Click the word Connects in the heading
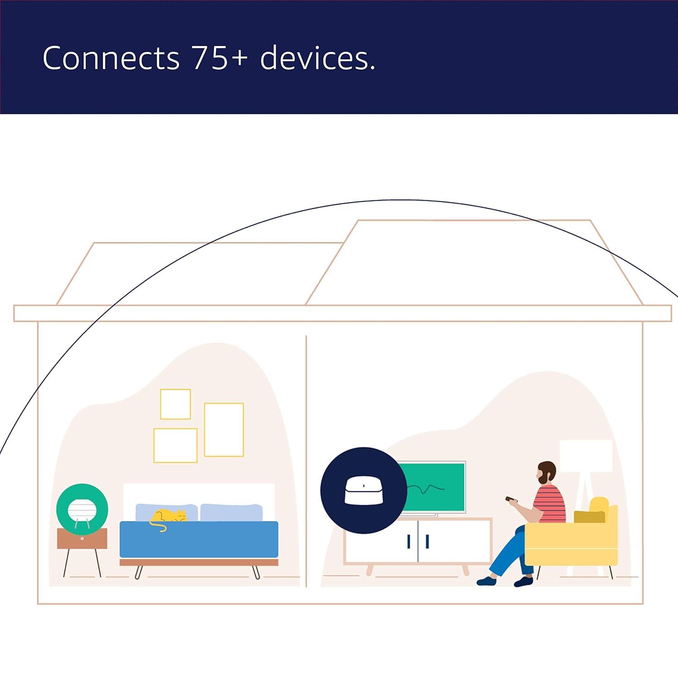[x=111, y=58]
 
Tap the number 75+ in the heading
[x=220, y=58]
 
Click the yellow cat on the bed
[x=168, y=517]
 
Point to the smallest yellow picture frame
[x=175, y=404]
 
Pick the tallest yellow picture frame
[x=224, y=429]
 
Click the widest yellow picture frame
[x=175, y=445]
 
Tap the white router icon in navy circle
[x=363, y=491]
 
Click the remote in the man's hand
[x=510, y=499]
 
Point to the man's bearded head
[x=547, y=473]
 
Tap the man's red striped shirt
[x=550, y=504]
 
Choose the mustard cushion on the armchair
[x=589, y=517]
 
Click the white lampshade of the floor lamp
[x=586, y=456]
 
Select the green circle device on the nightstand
[x=82, y=509]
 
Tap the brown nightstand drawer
[x=82, y=538]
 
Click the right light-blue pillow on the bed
[x=231, y=513]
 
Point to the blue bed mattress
[x=199, y=539]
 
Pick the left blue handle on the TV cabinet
[x=409, y=541]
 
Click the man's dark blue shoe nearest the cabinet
[x=486, y=581]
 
